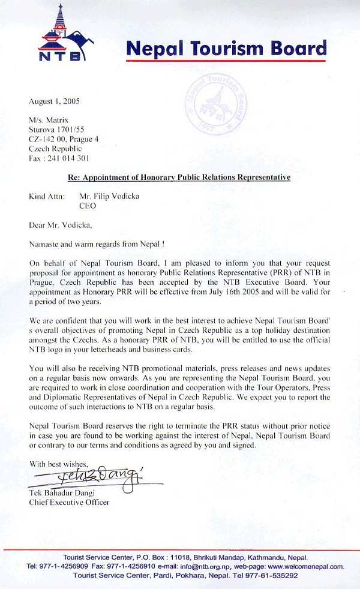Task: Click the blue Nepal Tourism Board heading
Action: click(226, 48)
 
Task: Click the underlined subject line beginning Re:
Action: click(178, 178)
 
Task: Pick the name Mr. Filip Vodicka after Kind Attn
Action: click(109, 196)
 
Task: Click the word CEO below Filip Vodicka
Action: click(88, 206)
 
